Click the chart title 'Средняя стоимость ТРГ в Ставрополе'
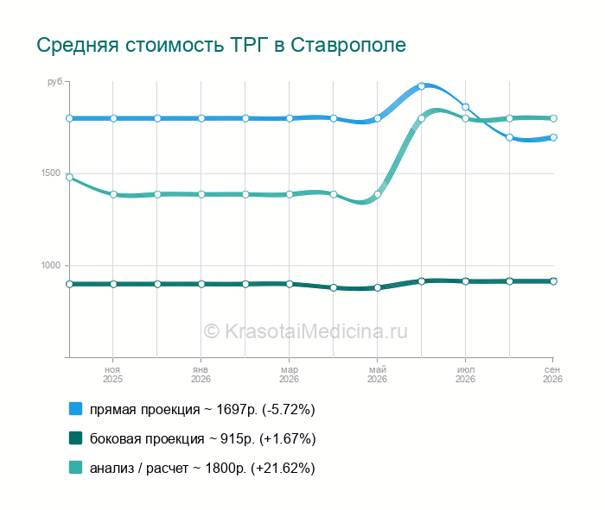[x=221, y=45]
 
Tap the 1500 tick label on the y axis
[x=51, y=173]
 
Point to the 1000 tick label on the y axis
[x=51, y=265]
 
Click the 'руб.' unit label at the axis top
[x=55, y=82]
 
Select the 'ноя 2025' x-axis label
[x=112, y=375]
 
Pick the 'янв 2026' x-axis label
[x=201, y=375]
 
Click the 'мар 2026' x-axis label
[x=289, y=375]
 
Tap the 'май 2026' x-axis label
[x=377, y=375]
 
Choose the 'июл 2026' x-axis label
[x=465, y=375]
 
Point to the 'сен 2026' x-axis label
[x=552, y=375]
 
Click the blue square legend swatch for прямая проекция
[x=76, y=409]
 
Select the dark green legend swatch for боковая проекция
[x=76, y=438]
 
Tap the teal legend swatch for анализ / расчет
[x=76, y=467]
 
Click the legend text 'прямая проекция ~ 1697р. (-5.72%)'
[x=202, y=409]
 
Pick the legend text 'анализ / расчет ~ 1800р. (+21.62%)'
[x=202, y=468]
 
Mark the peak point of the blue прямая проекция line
[x=422, y=86]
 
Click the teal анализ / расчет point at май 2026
[x=378, y=194]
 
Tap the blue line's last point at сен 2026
[x=553, y=137]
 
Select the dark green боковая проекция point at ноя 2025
[x=113, y=284]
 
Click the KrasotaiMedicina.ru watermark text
[x=306, y=331]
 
